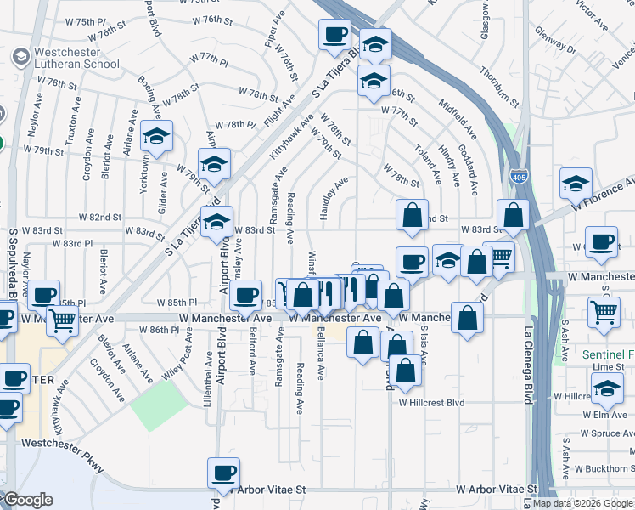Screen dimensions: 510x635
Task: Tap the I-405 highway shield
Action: [x=518, y=177]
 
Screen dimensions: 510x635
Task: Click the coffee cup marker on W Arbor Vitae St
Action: [x=223, y=473]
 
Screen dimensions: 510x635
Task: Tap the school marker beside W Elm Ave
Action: [x=607, y=391]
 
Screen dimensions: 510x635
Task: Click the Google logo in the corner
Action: [x=28, y=500]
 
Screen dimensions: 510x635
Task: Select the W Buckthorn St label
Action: [x=605, y=468]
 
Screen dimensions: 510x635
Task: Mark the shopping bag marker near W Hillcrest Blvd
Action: [x=407, y=371]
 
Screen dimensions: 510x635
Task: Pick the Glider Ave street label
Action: [x=162, y=188]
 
